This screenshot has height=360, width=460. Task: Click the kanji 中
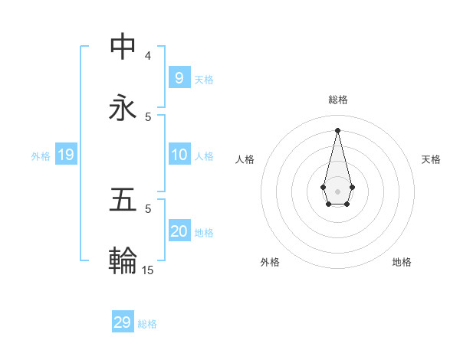pyautogui.click(x=123, y=47)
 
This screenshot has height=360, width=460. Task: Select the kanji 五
pyautogui.click(x=123, y=200)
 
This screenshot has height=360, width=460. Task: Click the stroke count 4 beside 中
pyautogui.click(x=148, y=55)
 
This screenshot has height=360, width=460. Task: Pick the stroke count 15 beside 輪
pyautogui.click(x=148, y=270)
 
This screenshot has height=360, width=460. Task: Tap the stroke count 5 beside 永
pyautogui.click(x=148, y=116)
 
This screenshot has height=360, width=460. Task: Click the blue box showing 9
pyautogui.click(x=179, y=78)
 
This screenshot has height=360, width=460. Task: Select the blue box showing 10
pyautogui.click(x=179, y=155)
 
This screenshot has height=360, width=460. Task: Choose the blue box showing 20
pyautogui.click(x=179, y=231)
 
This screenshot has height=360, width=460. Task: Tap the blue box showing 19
pyautogui.click(x=65, y=155)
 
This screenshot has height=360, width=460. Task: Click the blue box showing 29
pyautogui.click(x=122, y=322)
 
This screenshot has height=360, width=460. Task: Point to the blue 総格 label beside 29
pyautogui.click(x=147, y=324)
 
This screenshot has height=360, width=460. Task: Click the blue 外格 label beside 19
pyautogui.click(x=41, y=156)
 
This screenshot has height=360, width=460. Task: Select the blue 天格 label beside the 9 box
pyautogui.click(x=204, y=80)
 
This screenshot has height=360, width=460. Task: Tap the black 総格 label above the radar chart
pyautogui.click(x=337, y=100)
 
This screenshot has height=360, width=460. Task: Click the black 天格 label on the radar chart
pyautogui.click(x=431, y=159)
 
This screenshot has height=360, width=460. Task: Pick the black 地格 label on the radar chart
pyautogui.click(x=402, y=262)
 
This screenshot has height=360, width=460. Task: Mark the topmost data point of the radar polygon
pyautogui.click(x=337, y=129)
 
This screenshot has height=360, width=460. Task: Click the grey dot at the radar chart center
pyautogui.click(x=337, y=191)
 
